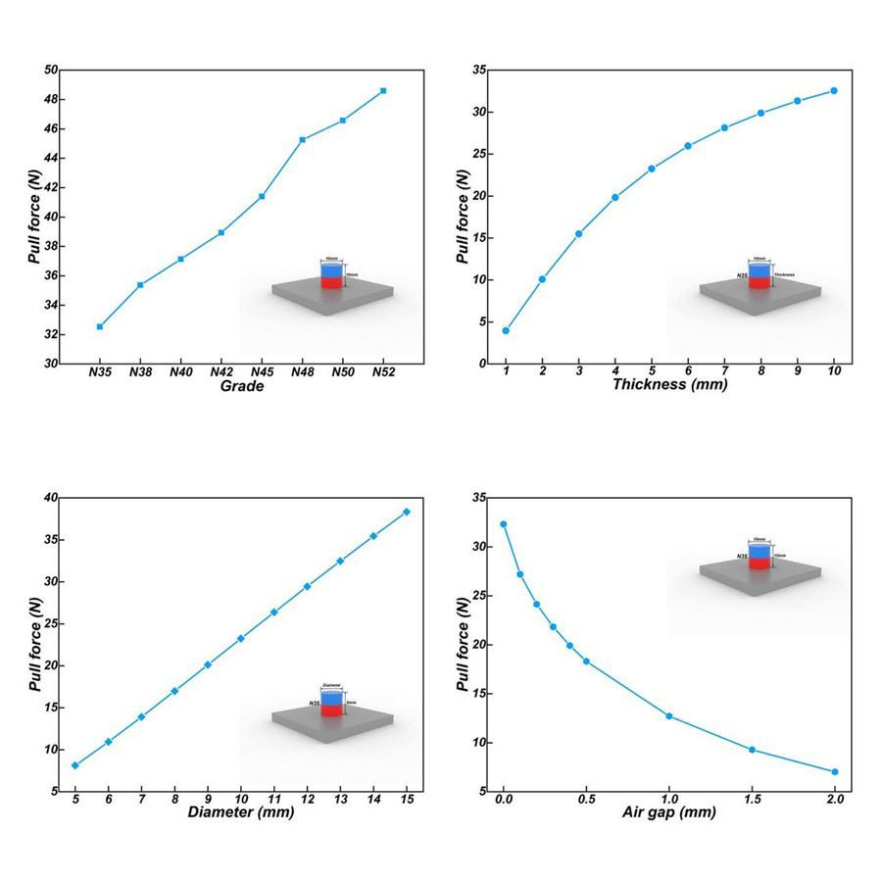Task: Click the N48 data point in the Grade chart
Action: click(302, 139)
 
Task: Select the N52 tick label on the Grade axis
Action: click(383, 372)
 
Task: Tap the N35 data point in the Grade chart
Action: click(100, 326)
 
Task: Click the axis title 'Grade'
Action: click(242, 386)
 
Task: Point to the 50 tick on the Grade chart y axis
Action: click(50, 71)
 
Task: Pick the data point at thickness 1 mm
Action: click(506, 330)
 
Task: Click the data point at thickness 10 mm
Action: click(834, 90)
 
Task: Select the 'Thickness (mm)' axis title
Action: click(669, 385)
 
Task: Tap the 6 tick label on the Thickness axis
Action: click(688, 372)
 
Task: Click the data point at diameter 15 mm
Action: click(406, 512)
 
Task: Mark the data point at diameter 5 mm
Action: click(75, 765)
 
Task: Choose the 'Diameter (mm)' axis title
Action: click(241, 813)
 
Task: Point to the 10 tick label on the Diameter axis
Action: click(240, 801)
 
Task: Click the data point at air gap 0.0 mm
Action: click(504, 524)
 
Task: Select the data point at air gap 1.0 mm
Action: click(669, 715)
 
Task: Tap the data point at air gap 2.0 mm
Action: click(835, 772)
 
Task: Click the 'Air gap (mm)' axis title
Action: click(669, 813)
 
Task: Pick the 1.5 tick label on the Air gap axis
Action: click(752, 801)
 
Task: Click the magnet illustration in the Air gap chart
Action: click(760, 560)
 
